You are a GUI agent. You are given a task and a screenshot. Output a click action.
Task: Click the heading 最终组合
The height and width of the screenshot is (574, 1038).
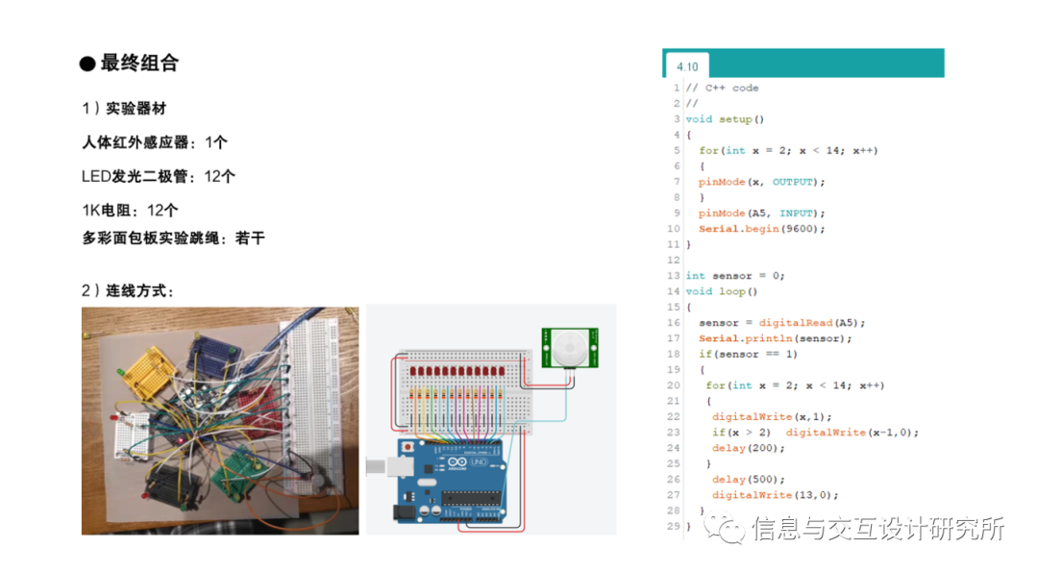[x=139, y=63]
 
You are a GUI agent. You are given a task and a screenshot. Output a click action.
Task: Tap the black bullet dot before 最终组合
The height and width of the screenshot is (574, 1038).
[x=87, y=64]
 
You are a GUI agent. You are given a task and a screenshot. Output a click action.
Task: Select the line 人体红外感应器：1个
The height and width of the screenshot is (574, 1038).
[x=155, y=142]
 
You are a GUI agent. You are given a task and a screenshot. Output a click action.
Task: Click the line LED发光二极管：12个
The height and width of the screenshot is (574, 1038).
[x=159, y=176]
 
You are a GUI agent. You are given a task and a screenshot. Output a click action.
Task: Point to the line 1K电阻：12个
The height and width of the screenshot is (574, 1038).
[x=130, y=210]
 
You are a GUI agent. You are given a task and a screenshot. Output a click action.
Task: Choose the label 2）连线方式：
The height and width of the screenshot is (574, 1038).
[x=128, y=290]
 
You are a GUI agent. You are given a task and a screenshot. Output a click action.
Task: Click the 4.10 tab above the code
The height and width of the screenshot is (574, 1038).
[x=687, y=66]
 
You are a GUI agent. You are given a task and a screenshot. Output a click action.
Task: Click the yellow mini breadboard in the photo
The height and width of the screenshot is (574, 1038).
[x=148, y=370]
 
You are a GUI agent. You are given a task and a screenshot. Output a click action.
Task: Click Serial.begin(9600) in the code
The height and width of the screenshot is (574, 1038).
[x=761, y=229]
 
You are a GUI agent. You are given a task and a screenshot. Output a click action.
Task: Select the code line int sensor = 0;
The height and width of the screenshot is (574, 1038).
[x=734, y=276]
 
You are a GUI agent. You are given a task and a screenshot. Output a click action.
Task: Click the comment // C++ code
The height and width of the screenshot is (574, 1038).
[x=722, y=88]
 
